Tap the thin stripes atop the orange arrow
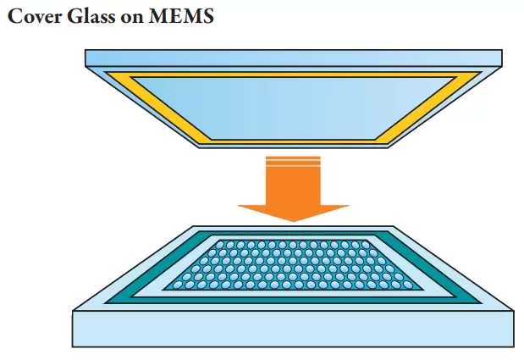293,159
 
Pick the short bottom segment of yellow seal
293,141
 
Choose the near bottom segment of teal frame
293,300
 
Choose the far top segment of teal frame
293,233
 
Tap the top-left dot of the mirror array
218,244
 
